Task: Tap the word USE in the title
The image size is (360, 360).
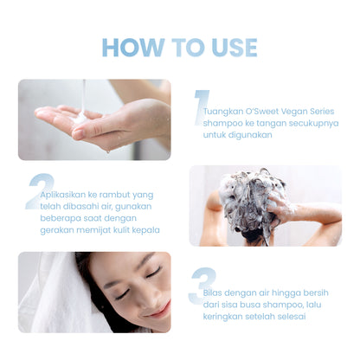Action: pos(235,48)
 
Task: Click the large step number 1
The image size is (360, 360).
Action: pos(201,107)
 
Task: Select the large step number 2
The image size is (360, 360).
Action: pos(41,191)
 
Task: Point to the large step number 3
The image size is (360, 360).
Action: pos(202,286)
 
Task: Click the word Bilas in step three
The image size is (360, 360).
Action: pos(212,292)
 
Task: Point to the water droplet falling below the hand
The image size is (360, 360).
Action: pos(107,151)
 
